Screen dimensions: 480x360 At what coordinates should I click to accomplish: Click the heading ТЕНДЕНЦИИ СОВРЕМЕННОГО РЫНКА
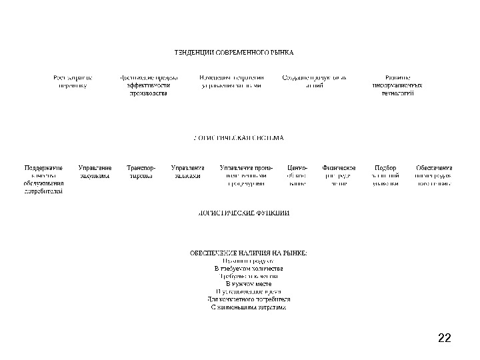click(x=233, y=52)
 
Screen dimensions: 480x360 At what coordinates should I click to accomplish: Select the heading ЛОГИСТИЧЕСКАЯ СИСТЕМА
click(x=237, y=138)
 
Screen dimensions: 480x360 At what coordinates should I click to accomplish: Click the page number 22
click(x=445, y=338)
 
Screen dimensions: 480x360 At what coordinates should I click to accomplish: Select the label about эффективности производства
click(x=148, y=85)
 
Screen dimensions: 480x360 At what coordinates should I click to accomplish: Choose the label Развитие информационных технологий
click(x=397, y=85)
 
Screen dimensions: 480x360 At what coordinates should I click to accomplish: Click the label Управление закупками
click(x=95, y=172)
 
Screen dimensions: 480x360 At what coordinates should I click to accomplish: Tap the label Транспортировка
click(x=141, y=172)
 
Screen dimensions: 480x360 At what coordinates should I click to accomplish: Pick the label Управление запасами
click(x=187, y=172)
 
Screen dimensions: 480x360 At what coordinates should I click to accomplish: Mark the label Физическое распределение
click(x=339, y=175)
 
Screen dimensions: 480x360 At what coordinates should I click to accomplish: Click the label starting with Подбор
click(x=386, y=175)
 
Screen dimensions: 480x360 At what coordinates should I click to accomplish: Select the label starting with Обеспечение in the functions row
click(x=434, y=175)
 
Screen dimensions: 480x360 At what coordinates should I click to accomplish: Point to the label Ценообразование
click(x=297, y=175)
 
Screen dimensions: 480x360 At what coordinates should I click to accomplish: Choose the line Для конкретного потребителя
click(x=249, y=299)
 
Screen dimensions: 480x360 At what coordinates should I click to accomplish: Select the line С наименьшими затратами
click(x=248, y=307)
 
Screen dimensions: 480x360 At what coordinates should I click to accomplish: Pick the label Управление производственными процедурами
click(x=247, y=175)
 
